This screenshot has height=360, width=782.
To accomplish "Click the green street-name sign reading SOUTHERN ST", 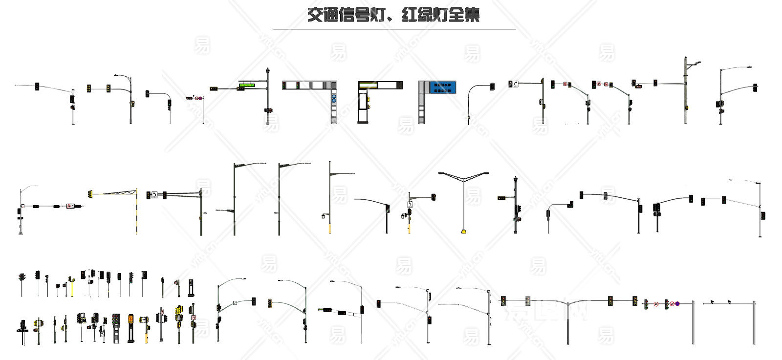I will [247, 85].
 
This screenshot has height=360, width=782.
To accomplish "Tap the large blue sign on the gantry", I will [443, 88].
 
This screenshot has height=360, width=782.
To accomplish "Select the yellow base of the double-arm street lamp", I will [463, 231].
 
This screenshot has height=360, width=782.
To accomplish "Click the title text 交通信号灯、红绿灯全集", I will [393, 15].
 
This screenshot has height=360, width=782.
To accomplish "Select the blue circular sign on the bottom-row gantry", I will [677, 304].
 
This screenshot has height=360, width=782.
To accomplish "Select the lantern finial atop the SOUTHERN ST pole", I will [267, 72].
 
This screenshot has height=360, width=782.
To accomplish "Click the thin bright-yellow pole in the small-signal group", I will [72, 288].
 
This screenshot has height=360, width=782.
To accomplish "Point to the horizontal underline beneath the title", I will [394, 29].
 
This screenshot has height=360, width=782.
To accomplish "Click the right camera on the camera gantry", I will [729, 301].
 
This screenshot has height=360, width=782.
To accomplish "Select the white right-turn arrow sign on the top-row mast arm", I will [514, 84].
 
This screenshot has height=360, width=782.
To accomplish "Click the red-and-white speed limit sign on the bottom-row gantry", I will [656, 304].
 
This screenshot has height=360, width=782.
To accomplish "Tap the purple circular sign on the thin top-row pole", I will [198, 98].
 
